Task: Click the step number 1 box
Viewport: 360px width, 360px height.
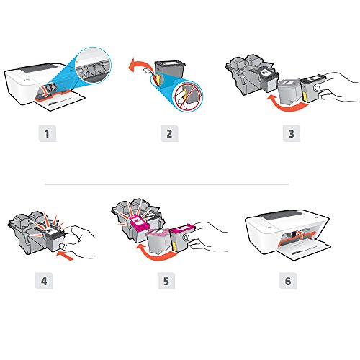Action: (x=48, y=133)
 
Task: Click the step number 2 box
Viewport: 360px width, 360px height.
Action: (x=169, y=133)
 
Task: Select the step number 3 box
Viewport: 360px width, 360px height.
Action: (x=292, y=133)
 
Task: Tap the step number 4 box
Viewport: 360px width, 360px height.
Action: (x=44, y=281)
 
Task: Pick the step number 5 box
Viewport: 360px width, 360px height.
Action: (x=166, y=281)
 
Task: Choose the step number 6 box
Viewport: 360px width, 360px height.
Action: (x=288, y=281)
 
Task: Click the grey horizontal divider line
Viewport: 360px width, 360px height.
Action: (x=166, y=184)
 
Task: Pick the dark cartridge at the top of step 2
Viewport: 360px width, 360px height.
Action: (x=170, y=69)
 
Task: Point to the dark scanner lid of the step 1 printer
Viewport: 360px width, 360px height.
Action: (x=40, y=68)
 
